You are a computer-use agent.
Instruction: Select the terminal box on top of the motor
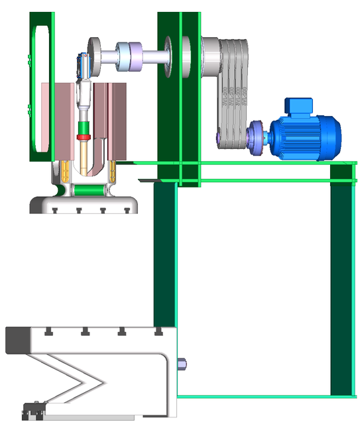pos(298,105)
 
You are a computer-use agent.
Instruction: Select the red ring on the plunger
pos(84,138)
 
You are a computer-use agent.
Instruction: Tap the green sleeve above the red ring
pos(84,128)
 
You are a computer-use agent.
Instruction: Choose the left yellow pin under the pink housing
pos(64,174)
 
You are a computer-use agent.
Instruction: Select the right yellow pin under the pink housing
pos(113,174)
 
